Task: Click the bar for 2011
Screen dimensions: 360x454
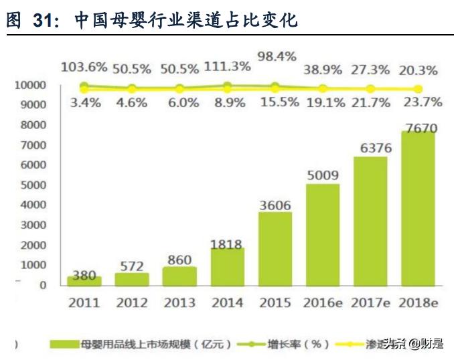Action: [x=84, y=281]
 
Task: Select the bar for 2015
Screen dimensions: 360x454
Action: [x=275, y=249]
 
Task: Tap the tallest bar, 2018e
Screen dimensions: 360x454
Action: [x=418, y=208]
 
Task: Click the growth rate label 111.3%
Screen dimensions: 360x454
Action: [x=228, y=66]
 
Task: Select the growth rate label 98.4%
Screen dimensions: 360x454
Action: [x=276, y=56]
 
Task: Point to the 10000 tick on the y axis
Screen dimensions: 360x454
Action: [x=29, y=85]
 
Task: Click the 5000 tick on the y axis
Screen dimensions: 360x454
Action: [x=32, y=185]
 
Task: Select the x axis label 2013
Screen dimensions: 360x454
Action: [x=180, y=302]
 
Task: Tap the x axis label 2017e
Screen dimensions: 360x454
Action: [x=370, y=302]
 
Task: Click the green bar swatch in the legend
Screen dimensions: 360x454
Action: [x=72, y=344]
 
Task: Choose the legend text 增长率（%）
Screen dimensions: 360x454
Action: [x=303, y=344]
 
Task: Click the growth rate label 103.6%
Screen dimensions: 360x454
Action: [x=84, y=67]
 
